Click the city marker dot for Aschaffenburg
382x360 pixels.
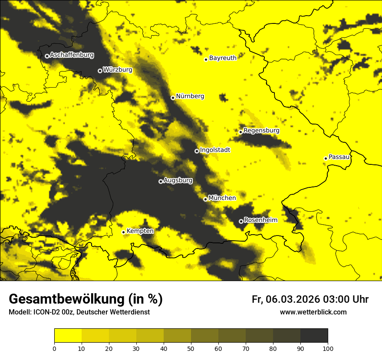[x=47, y=56]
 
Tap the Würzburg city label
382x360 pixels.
[x=117, y=70]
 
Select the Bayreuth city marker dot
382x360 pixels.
[x=206, y=59]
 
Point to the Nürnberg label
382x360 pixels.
[x=190, y=96]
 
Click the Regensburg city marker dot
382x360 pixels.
[x=240, y=132]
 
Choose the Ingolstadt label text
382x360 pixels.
[x=215, y=150]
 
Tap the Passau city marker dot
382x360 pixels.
[x=326, y=158]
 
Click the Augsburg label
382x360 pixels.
[x=178, y=180]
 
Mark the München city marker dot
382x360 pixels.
[x=205, y=199]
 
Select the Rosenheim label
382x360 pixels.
[x=260, y=220]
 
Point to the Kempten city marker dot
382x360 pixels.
[x=123, y=232]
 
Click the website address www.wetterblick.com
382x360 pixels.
[x=313, y=312]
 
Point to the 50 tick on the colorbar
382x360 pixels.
[x=191, y=348]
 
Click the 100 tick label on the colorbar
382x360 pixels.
[x=328, y=348]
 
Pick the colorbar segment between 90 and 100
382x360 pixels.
[x=314, y=336]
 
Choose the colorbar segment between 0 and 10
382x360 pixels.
[x=68, y=336]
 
